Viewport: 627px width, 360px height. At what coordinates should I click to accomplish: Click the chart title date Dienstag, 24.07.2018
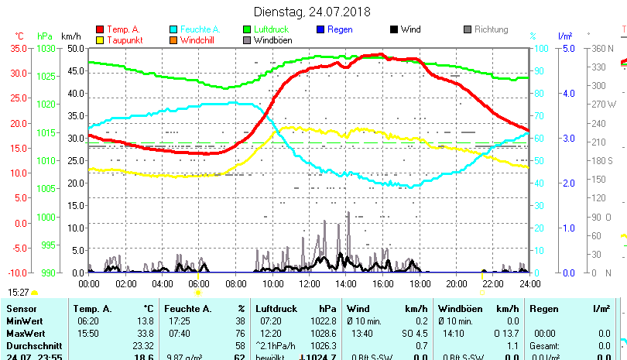pos(313,12)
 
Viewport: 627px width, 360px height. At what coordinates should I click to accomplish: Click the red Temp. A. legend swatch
pos(99,29)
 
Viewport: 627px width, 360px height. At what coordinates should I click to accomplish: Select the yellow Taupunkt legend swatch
pos(99,39)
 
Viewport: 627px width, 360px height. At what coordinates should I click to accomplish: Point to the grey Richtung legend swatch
pos(468,29)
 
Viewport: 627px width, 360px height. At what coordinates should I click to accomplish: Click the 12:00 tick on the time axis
pos(309,283)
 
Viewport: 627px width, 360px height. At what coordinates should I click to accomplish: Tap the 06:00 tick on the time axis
pos(199,283)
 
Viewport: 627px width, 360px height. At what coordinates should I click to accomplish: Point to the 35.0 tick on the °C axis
pos(17,48)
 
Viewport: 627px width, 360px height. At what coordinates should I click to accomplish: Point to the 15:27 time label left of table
pos(19,292)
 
